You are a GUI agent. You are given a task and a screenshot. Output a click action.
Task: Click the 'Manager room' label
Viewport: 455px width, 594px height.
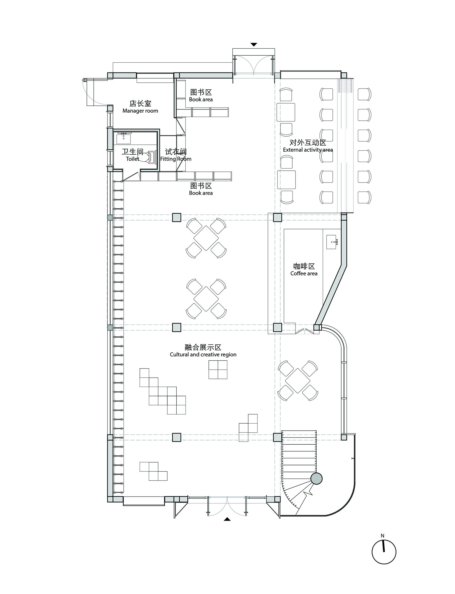point(140,111)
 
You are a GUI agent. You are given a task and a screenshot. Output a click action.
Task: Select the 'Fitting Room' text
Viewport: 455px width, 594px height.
point(176,159)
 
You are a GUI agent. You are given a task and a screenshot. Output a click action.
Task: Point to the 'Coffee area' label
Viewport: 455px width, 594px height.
point(304,273)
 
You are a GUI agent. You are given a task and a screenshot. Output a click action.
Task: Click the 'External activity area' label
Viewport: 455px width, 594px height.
point(308,150)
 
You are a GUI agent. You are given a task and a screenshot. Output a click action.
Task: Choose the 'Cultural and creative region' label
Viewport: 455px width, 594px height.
point(203,355)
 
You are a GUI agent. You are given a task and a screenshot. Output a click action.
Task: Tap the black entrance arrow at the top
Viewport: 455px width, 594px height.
point(254,45)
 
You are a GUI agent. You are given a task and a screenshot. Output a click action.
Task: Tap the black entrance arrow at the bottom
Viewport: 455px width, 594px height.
point(227,519)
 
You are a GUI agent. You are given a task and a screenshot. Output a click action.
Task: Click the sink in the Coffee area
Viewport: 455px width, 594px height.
point(332,242)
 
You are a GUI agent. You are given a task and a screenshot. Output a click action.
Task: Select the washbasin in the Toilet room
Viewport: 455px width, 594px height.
point(124,139)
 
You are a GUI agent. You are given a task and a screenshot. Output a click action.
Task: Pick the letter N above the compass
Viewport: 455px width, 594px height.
point(382,535)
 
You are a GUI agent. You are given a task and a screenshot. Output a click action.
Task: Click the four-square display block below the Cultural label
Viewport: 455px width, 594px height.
point(218,370)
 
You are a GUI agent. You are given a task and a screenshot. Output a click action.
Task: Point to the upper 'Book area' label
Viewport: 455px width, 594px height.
point(201,100)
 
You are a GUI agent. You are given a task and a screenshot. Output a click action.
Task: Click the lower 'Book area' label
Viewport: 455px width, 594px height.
point(201,193)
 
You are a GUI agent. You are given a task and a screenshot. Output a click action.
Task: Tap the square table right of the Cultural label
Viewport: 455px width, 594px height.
point(298,381)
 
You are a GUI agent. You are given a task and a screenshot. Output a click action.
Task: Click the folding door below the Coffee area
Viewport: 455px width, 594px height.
point(304,330)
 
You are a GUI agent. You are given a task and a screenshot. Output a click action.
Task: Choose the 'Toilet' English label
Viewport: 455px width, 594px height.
point(132,159)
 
